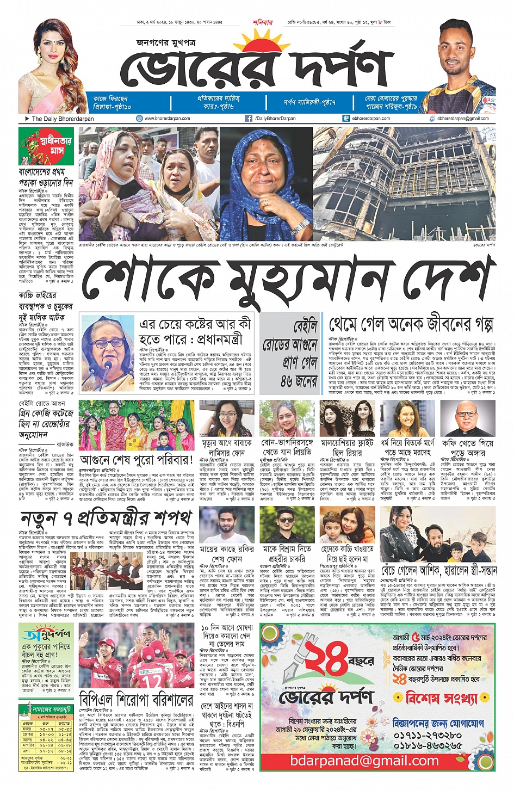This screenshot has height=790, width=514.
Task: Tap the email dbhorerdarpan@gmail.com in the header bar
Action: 463,118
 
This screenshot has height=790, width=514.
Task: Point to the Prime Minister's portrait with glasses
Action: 107,347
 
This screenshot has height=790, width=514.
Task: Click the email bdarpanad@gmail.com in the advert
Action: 364,761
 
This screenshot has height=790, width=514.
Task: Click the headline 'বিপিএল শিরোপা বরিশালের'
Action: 136,699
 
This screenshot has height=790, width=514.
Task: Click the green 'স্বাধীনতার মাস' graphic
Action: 46,146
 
